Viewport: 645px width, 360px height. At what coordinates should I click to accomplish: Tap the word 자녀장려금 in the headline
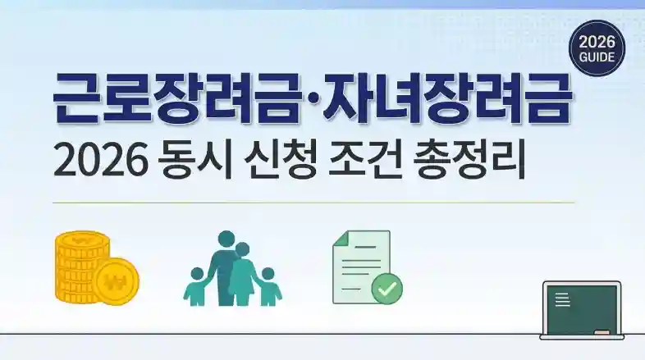click(x=447, y=98)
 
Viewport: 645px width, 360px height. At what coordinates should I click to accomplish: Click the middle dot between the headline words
click(x=311, y=98)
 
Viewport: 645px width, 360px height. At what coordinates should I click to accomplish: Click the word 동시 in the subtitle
click(x=195, y=159)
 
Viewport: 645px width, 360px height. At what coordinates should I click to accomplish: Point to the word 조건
click(x=365, y=159)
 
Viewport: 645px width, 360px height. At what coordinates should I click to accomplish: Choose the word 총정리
click(x=470, y=159)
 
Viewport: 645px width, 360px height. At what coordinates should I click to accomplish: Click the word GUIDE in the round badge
click(x=597, y=57)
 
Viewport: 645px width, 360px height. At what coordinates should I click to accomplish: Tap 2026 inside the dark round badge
click(x=597, y=42)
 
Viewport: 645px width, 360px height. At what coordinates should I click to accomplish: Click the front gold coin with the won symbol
click(x=116, y=281)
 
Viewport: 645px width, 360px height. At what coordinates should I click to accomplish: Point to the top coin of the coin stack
click(x=82, y=239)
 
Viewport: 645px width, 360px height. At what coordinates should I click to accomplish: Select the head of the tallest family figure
click(x=226, y=239)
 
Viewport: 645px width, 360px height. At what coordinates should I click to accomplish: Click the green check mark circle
click(x=387, y=289)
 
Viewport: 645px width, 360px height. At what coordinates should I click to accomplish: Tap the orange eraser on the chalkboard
click(x=602, y=331)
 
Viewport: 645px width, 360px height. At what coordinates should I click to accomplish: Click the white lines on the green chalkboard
click(x=562, y=299)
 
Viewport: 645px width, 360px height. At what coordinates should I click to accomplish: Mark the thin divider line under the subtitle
click(x=313, y=203)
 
